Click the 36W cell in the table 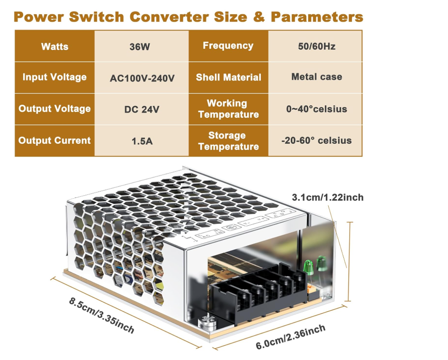coord(142,47)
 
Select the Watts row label coord(54,47)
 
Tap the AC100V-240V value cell coord(142,78)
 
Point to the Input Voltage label coord(54,77)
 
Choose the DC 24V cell coord(142,109)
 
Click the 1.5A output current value coord(142,140)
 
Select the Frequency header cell coord(228,46)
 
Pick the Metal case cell coord(316,77)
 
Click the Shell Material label coord(228,77)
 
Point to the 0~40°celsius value coord(316,109)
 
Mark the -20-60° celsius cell coord(316,140)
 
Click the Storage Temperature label coord(228,141)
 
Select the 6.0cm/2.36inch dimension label coord(290,337)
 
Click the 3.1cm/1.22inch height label coord(327,197)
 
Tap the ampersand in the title coord(258,18)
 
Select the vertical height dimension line coord(349,261)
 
